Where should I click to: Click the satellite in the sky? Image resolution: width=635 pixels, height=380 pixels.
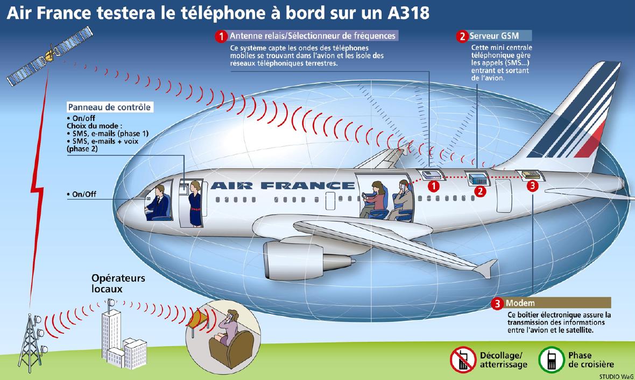tap(50, 55)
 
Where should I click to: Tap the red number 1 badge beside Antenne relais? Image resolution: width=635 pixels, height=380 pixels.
tap(221, 37)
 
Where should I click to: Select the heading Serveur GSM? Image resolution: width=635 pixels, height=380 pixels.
tap(494, 35)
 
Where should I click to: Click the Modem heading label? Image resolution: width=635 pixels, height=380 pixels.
tap(520, 303)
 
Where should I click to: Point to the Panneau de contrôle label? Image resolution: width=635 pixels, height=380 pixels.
tap(109, 107)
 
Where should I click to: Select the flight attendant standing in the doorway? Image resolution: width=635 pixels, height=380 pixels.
tap(195, 204)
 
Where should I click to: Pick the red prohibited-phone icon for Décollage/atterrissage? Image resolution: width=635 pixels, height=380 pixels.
tap(463, 360)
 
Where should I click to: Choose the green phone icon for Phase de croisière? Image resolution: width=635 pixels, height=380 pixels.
tap(551, 360)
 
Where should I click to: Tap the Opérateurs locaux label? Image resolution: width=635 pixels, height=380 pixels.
tap(118, 283)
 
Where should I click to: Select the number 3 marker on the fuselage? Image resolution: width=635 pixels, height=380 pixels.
tap(532, 186)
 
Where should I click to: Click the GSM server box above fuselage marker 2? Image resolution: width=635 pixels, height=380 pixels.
tap(478, 178)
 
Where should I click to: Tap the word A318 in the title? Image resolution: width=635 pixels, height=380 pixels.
tap(408, 13)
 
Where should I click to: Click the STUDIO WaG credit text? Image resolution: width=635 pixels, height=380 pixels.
tap(616, 376)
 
